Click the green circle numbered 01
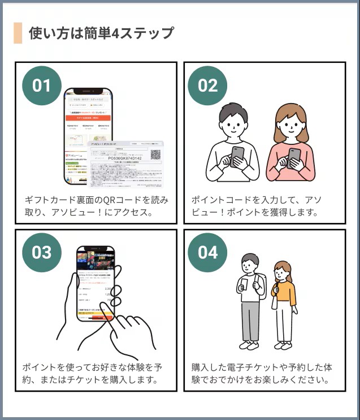[41, 85]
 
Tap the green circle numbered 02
[207, 85]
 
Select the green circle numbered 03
[41, 252]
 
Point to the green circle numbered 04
[207, 252]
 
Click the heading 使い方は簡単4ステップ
[101, 33]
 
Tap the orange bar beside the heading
[18, 33]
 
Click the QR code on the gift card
[155, 153]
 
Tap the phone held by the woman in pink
[294, 157]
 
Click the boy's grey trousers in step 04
[249, 320]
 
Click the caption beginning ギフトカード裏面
[96, 207]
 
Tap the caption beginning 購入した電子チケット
[262, 373]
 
